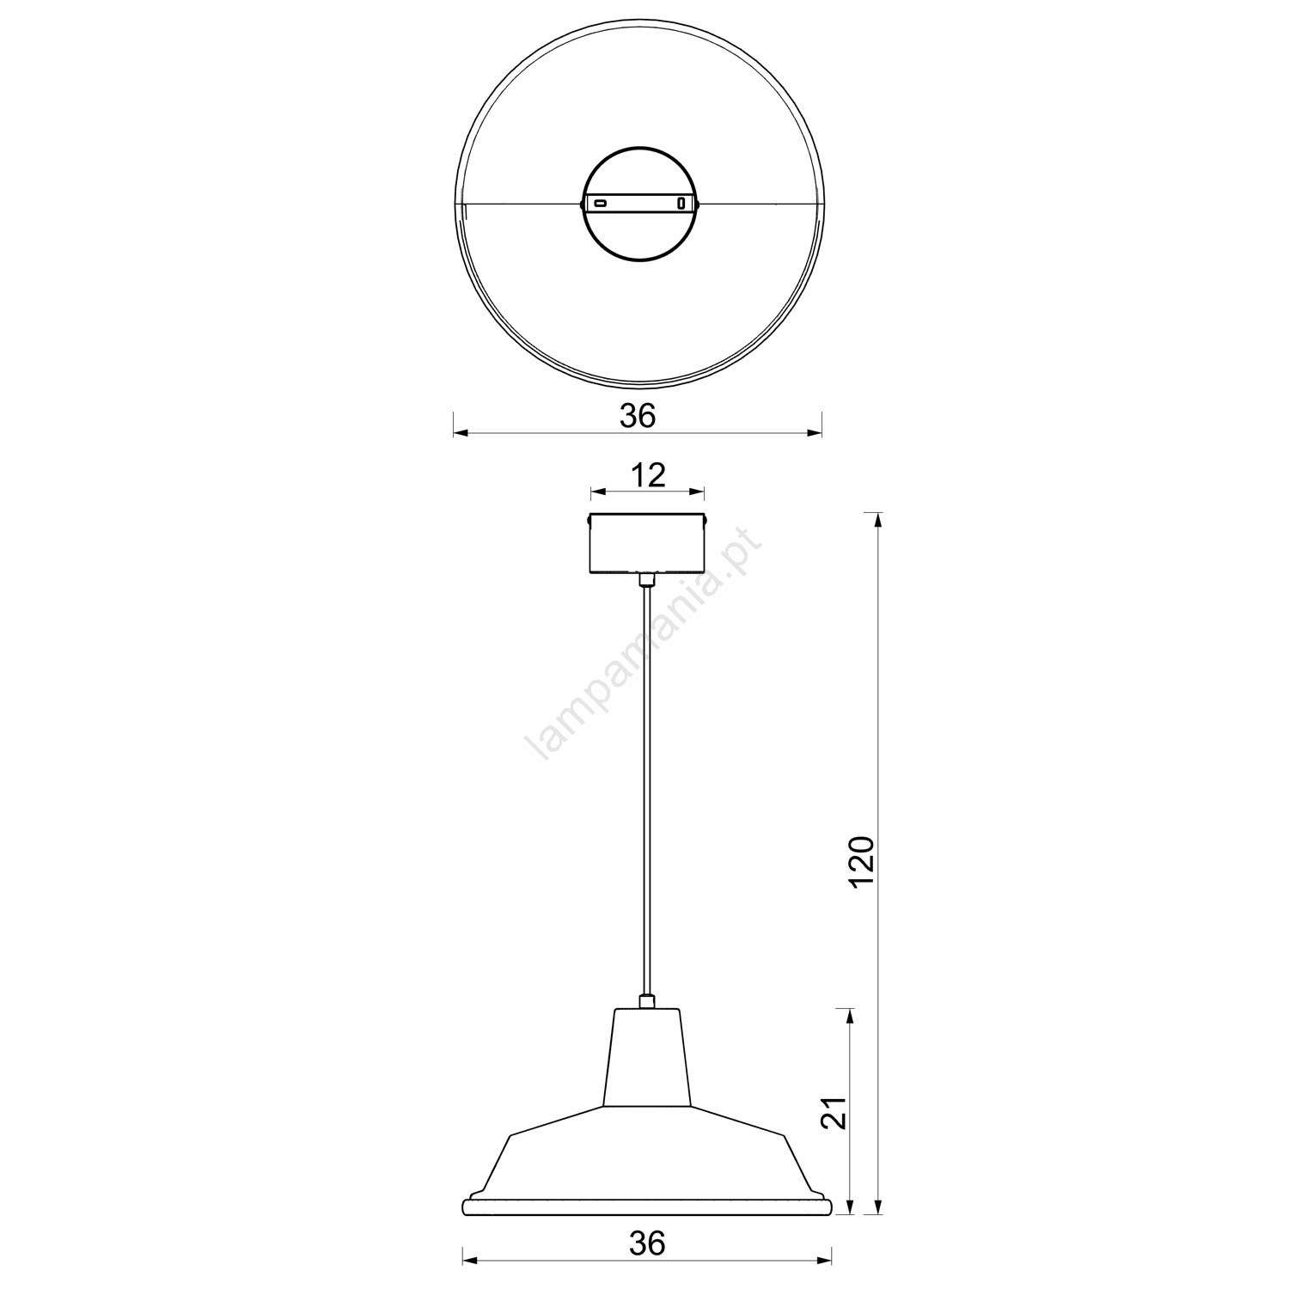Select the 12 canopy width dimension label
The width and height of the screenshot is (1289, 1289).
click(649, 474)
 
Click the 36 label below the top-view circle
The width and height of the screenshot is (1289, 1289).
click(638, 416)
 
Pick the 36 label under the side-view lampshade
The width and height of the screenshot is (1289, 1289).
click(646, 1243)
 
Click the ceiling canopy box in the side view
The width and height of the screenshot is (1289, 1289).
click(647, 543)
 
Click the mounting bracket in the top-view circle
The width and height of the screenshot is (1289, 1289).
click(641, 204)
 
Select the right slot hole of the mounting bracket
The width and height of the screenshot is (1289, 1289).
click(681, 204)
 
